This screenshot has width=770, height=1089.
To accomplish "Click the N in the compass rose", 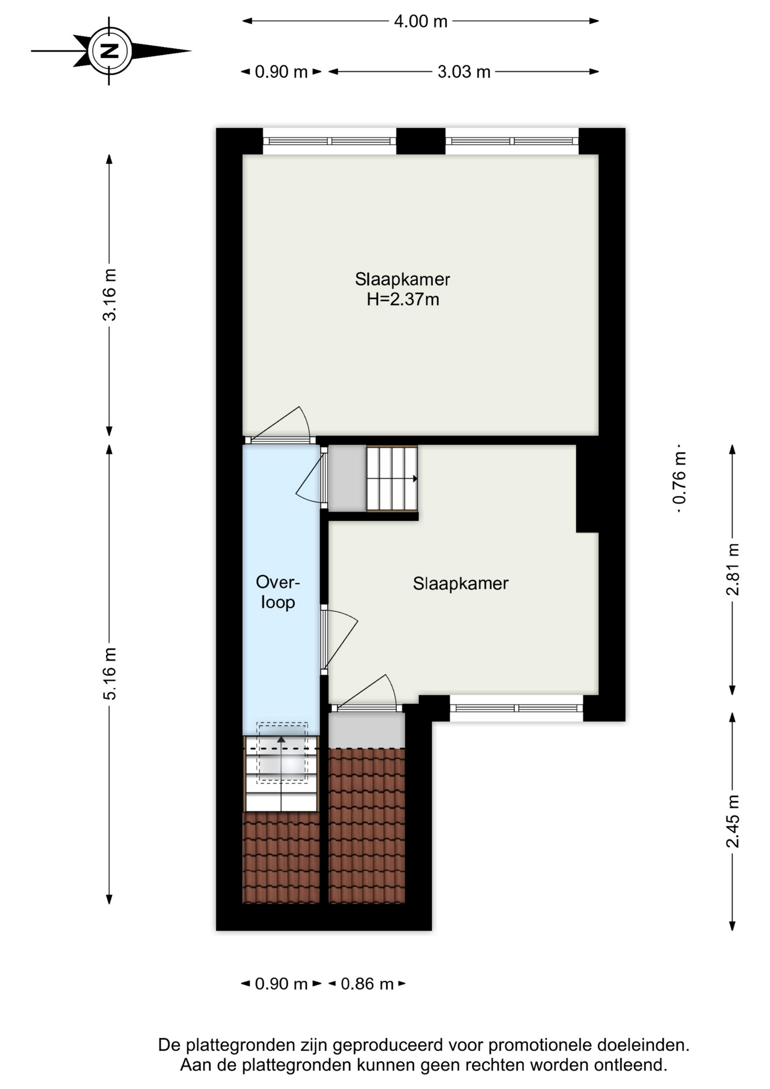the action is click(110, 51).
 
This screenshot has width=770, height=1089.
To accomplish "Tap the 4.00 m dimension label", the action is click(421, 22).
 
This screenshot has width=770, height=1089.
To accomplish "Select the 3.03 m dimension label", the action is click(464, 72).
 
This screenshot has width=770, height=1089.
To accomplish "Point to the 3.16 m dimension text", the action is click(109, 295).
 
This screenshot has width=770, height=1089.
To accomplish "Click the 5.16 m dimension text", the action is click(109, 673).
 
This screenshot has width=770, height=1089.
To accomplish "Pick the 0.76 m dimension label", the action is click(679, 478).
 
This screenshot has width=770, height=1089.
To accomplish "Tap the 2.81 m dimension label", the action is click(733, 569).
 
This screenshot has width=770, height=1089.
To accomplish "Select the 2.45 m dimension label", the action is click(733, 821).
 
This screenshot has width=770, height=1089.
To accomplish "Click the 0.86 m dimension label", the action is click(367, 984).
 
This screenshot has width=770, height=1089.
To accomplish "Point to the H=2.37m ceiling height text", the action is click(403, 299).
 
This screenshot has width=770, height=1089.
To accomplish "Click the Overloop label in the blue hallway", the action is click(278, 592).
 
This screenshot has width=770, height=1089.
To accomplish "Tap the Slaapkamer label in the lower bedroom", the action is click(460, 584).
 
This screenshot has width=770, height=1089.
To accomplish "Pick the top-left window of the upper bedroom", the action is click(329, 141).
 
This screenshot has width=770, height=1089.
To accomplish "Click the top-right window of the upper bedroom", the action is click(512, 141).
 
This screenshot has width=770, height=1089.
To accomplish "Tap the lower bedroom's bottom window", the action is click(517, 708).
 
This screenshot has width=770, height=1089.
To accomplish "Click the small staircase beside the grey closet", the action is click(392, 479).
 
